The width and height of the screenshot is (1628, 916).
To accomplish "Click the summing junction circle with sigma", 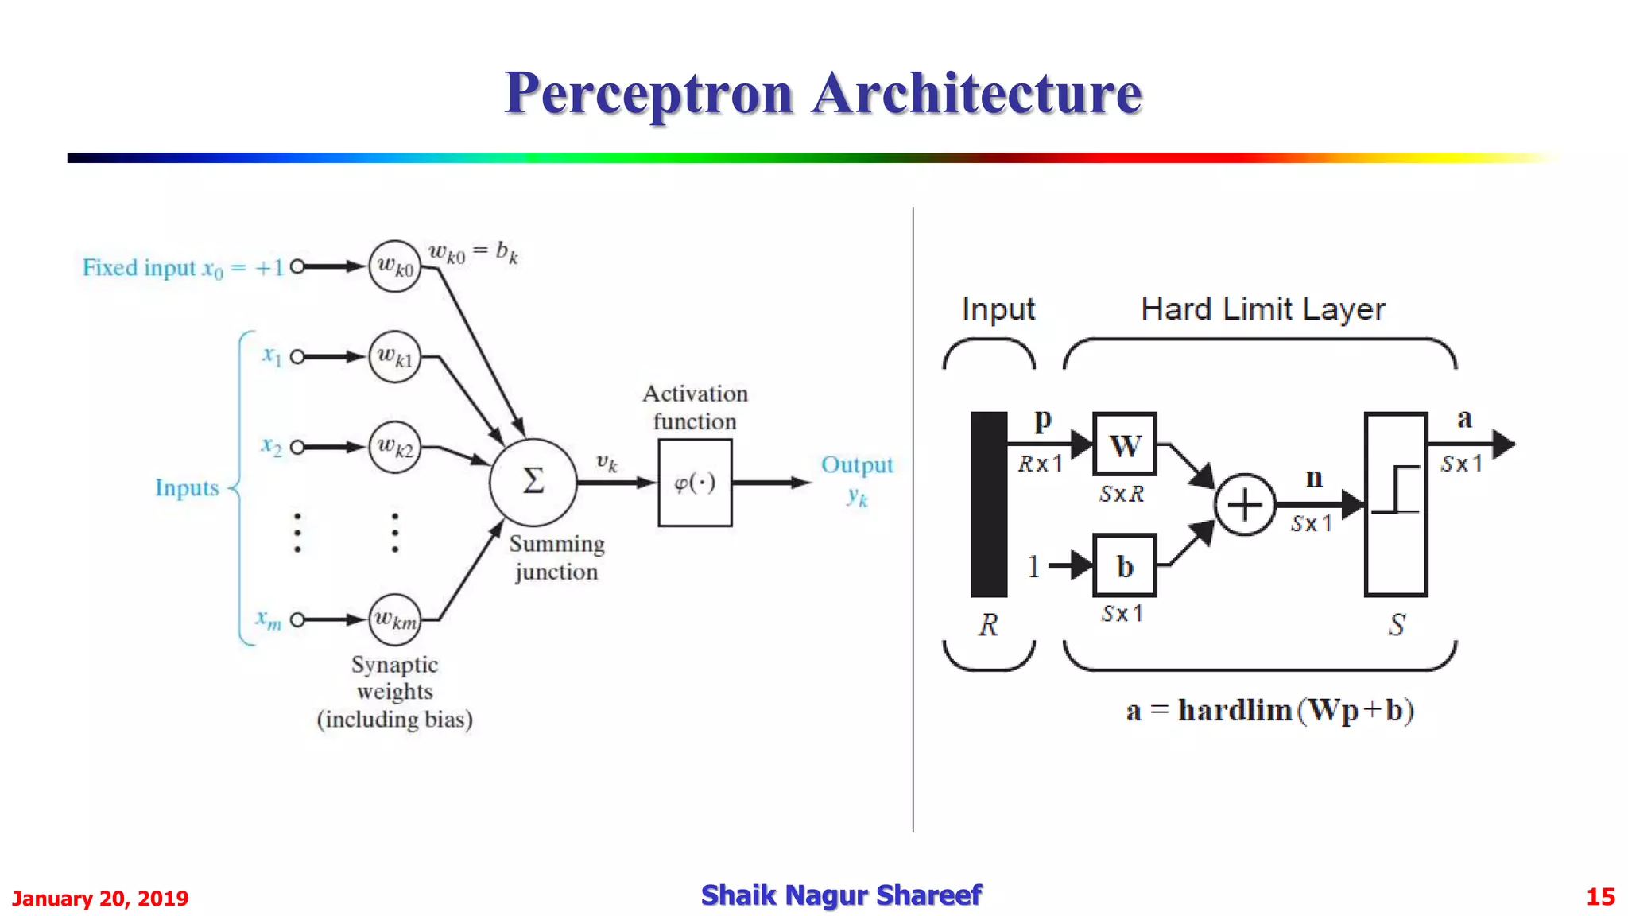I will pyautogui.click(x=533, y=482).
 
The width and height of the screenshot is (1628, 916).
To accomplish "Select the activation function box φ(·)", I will pyautogui.click(x=695, y=483).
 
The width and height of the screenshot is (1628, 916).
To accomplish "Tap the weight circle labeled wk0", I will pyautogui.click(x=394, y=266).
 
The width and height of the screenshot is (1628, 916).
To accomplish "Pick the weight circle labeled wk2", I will pyautogui.click(x=394, y=447).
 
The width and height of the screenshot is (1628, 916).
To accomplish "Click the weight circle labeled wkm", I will pyautogui.click(x=394, y=619).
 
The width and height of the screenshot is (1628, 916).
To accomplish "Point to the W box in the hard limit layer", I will pyautogui.click(x=1124, y=444).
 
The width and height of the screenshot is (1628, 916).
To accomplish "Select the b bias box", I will pyautogui.click(x=1124, y=566).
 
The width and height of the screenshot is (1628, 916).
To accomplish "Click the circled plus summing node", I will pyautogui.click(x=1244, y=504).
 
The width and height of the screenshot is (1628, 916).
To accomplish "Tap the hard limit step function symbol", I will pyautogui.click(x=1396, y=490).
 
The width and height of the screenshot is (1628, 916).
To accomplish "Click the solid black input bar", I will pyautogui.click(x=989, y=504).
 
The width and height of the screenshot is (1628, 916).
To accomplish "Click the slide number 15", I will pyautogui.click(x=1599, y=897).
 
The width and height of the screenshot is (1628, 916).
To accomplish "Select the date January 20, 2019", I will pyautogui.click(x=100, y=899).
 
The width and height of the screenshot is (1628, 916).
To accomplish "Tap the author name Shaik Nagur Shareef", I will pyautogui.click(x=841, y=895).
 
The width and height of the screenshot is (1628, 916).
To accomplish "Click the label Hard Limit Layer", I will pyautogui.click(x=1262, y=309).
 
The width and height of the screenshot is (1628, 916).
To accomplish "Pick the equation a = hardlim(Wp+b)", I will pyautogui.click(x=1269, y=710).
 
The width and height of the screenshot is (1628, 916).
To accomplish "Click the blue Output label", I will pyautogui.click(x=856, y=465).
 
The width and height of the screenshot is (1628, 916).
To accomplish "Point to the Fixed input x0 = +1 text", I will pyautogui.click(x=183, y=268).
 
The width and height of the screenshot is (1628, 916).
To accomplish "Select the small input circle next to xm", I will pyautogui.click(x=297, y=619).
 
